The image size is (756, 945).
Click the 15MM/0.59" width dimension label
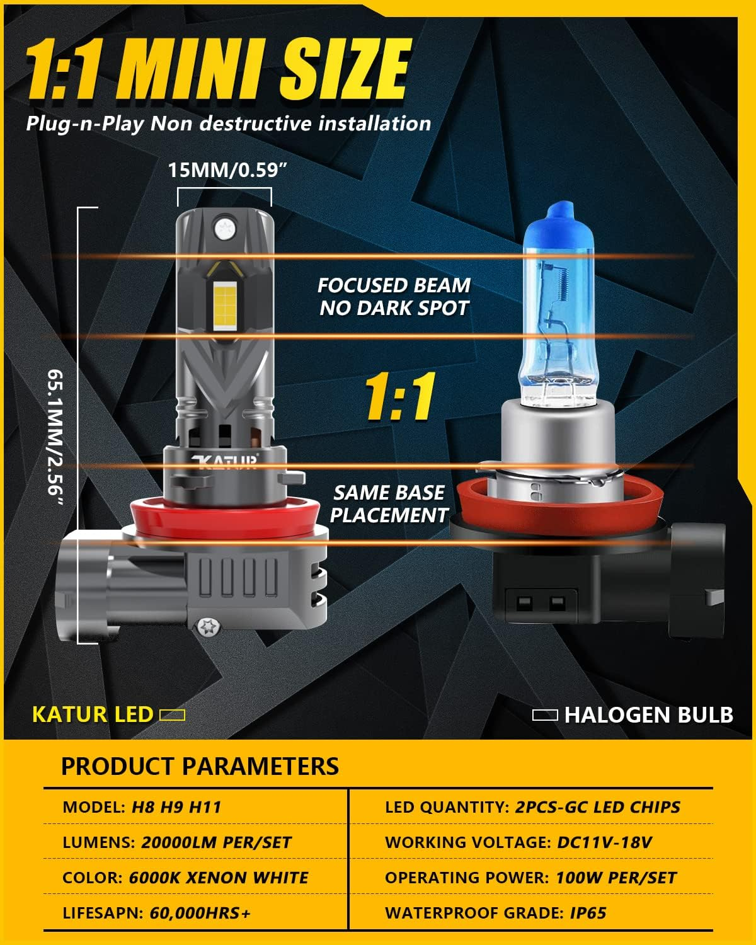[223, 171]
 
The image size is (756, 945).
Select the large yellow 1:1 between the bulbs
[401, 397]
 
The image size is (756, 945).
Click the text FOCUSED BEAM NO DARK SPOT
[394, 297]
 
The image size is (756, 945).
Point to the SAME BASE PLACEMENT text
[389, 504]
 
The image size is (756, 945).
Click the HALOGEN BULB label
[648, 715]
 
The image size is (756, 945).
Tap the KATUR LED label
[93, 714]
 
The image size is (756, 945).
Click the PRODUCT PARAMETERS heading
[200, 766]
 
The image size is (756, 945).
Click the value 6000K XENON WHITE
[219, 878]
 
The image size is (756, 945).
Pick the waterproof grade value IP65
[588, 913]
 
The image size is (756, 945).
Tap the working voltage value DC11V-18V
[605, 842]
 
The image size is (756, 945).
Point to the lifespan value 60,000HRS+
[200, 913]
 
